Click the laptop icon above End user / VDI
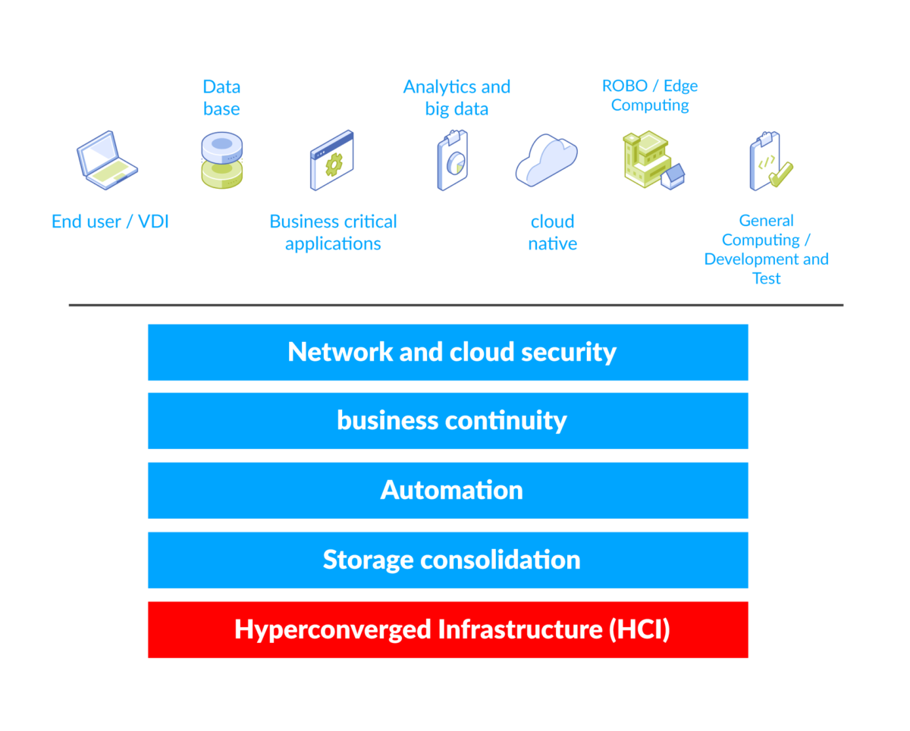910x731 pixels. [107, 161]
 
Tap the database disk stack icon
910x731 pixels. [221, 160]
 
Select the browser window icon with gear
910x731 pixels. [332, 160]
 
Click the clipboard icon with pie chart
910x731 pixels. [453, 160]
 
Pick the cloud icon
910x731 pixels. [547, 160]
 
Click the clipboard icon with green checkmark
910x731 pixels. [769, 161]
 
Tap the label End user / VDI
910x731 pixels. [110, 222]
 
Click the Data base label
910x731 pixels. [221, 98]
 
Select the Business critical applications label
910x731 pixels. [333, 233]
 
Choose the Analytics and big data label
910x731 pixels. [457, 98]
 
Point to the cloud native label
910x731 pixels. [552, 233]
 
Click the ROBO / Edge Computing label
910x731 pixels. [650, 96]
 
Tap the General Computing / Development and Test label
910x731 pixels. [766, 249]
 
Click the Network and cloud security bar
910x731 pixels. [448, 353]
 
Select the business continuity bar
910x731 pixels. [448, 421]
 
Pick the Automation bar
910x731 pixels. [448, 491]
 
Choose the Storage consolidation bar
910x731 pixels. [448, 560]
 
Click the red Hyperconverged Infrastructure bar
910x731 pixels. [448, 629]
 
